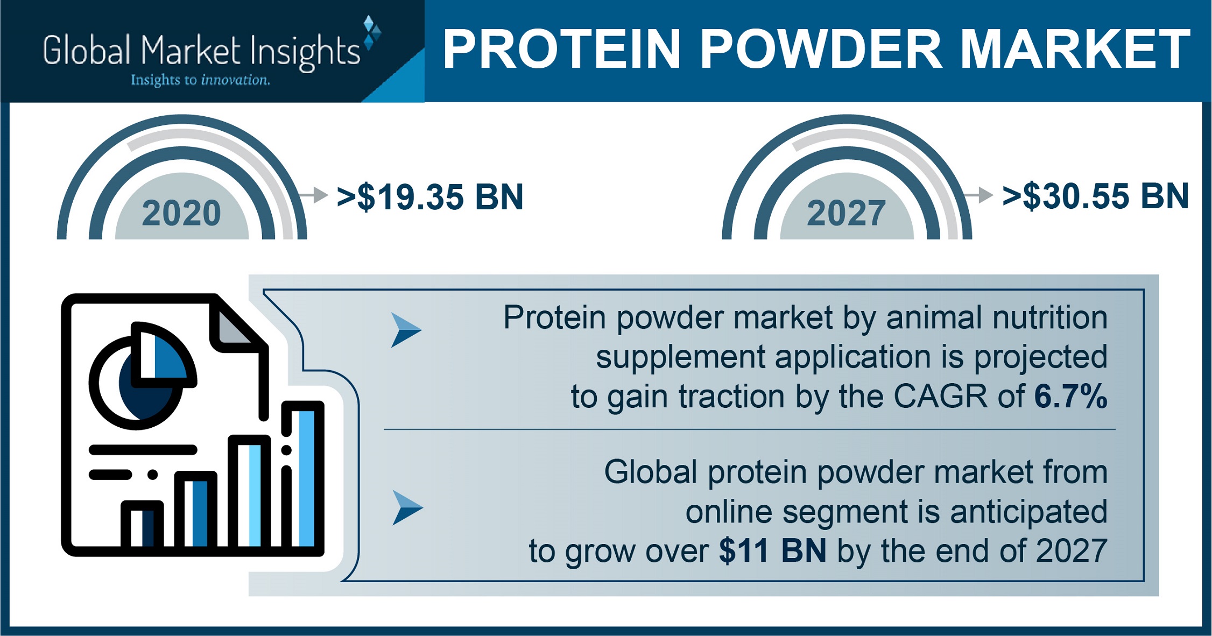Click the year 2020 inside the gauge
(x=181, y=213)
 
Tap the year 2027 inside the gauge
(x=846, y=213)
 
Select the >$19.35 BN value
(x=430, y=197)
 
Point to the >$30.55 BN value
(x=1095, y=196)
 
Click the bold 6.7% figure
(x=1070, y=397)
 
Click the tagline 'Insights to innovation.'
(x=200, y=80)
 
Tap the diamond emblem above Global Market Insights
(x=372, y=33)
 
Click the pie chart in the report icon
(x=143, y=376)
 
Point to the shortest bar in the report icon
(x=142, y=525)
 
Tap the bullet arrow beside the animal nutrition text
(x=406, y=329)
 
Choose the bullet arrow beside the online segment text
(x=407, y=507)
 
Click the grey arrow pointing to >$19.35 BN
(x=313, y=195)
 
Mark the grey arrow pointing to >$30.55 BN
(x=978, y=195)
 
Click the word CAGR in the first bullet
(x=941, y=397)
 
